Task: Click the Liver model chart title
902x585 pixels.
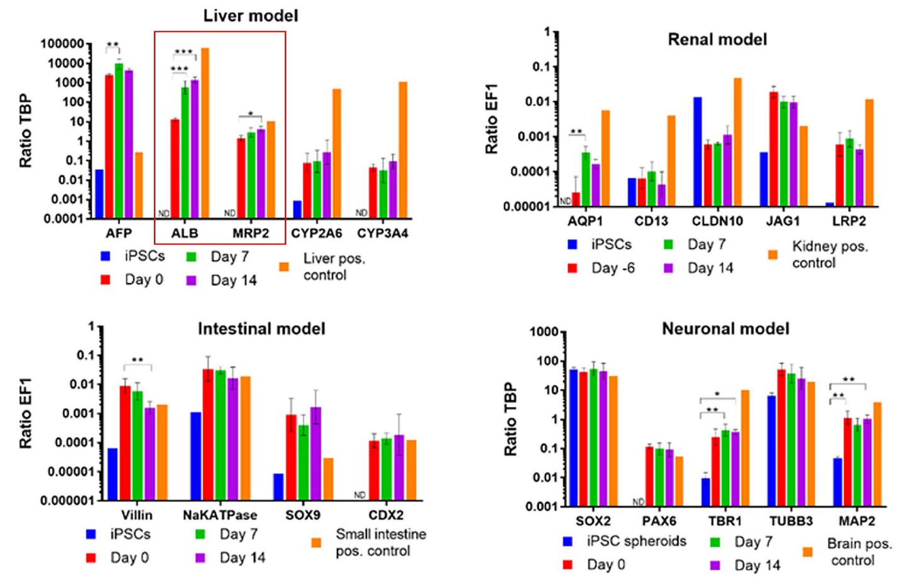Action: (x=250, y=16)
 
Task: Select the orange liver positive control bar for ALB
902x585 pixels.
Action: (x=205, y=132)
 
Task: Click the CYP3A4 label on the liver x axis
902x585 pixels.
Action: (x=382, y=233)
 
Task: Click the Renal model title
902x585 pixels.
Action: (x=717, y=40)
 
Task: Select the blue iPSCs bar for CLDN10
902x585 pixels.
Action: (x=698, y=152)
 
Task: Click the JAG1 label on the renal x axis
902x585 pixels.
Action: (x=783, y=221)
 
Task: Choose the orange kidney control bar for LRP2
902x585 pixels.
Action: (x=869, y=153)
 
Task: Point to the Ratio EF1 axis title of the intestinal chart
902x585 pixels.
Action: (x=25, y=413)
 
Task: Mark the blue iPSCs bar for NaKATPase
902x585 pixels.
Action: (x=196, y=456)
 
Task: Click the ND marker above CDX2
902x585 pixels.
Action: (x=360, y=495)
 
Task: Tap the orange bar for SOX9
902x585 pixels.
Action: (x=328, y=479)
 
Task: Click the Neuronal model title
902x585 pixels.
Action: (x=725, y=329)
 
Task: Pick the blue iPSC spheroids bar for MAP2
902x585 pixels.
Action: (x=837, y=482)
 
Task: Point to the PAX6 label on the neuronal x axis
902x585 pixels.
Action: (x=659, y=521)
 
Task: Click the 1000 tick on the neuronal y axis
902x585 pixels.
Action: (x=544, y=332)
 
